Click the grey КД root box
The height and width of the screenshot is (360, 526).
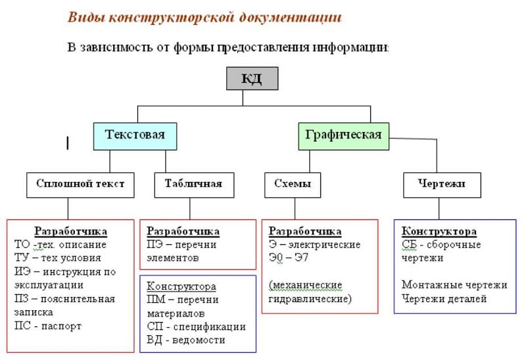point(252,79)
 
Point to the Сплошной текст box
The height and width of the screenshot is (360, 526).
point(80,184)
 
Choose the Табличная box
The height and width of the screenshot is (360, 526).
point(189,184)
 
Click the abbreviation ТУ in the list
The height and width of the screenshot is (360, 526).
point(22,258)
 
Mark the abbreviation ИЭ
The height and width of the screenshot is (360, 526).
point(22,271)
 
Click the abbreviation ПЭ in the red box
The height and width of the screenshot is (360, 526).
point(155,244)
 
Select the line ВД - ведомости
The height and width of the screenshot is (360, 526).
point(186,340)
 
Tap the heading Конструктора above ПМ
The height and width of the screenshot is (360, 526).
point(181,286)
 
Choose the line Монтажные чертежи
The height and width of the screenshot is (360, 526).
point(454,285)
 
